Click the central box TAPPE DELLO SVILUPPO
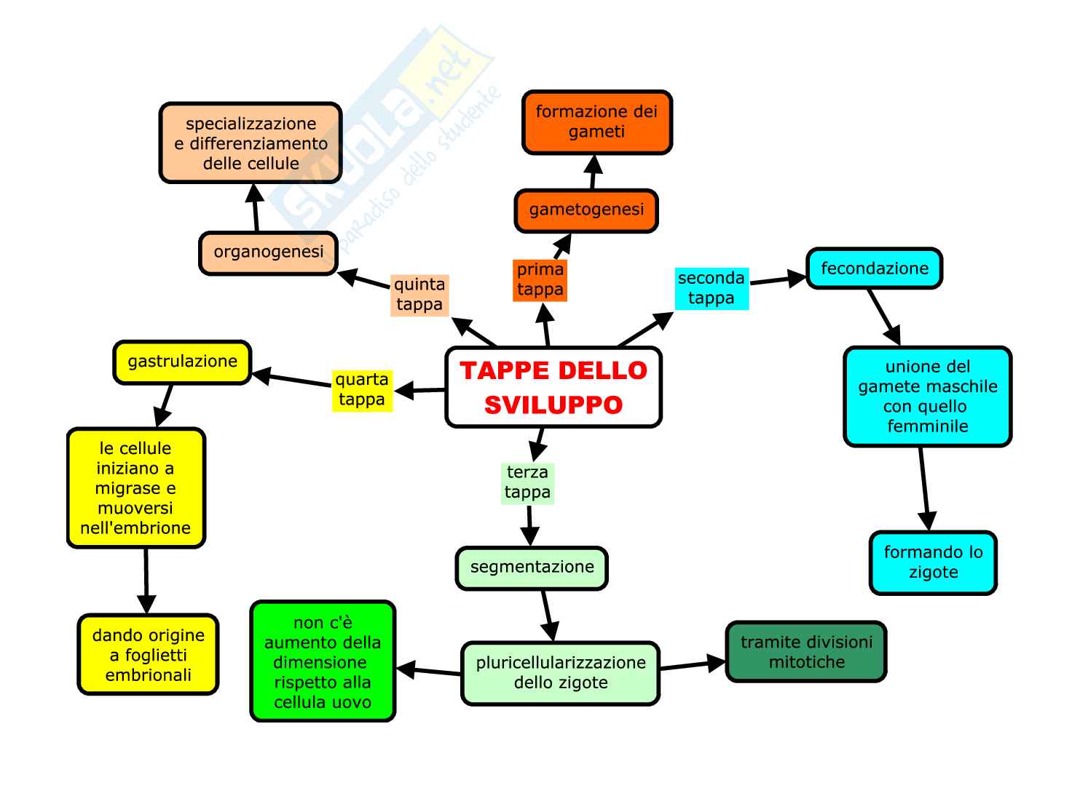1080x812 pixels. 553,386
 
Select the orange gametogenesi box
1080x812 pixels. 586,210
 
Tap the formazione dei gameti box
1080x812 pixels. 596,122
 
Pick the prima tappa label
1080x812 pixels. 540,279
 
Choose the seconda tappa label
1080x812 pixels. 711,288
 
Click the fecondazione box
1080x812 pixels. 874,268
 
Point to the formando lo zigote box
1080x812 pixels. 933,562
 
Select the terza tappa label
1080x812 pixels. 527,482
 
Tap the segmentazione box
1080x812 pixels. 532,568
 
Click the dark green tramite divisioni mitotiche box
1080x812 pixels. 806,652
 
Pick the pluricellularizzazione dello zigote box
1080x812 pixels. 560,673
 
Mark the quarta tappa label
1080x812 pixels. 362,390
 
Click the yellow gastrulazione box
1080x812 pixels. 182,362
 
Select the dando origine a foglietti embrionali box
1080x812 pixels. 149,655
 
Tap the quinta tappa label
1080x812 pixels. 419,295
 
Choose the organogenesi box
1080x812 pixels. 268,252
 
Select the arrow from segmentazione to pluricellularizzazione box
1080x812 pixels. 548,616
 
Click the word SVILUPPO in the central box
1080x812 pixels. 553,405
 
